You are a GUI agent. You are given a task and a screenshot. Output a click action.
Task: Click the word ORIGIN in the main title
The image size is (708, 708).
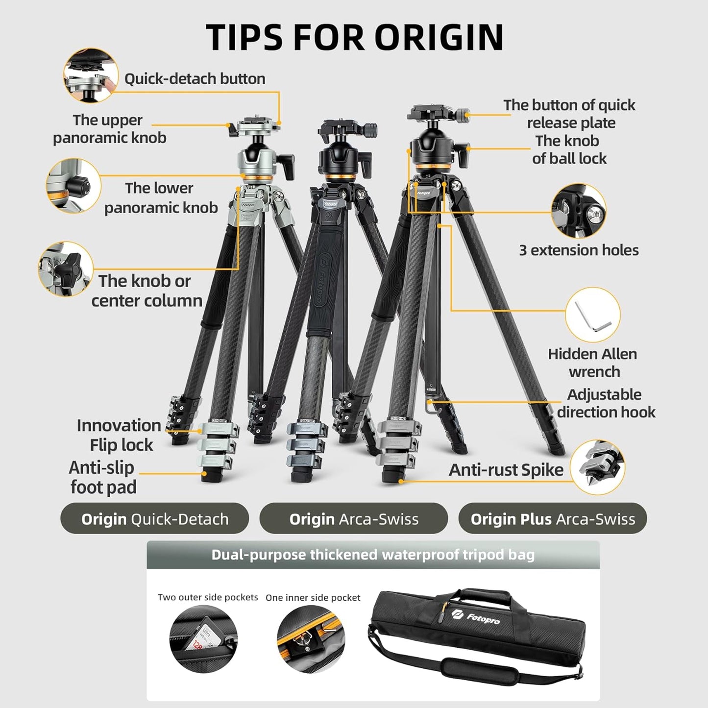click(x=439, y=37)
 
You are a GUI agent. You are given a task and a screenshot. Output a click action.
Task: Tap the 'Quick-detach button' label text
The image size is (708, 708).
click(x=195, y=79)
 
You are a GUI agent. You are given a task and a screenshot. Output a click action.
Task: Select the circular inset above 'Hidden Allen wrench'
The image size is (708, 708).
click(x=592, y=315)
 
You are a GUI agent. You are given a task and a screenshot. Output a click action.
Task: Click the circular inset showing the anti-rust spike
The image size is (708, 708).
click(x=598, y=466)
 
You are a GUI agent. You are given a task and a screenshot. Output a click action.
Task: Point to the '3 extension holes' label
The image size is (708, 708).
click(x=579, y=250)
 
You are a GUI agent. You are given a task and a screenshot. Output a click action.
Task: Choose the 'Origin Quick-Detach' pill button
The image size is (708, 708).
click(x=154, y=518)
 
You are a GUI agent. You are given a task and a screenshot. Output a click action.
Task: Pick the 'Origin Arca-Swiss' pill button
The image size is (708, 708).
click(x=353, y=518)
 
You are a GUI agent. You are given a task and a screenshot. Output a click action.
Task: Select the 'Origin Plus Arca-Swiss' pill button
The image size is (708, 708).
click(x=552, y=518)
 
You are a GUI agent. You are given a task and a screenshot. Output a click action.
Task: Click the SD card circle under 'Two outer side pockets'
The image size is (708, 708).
click(x=203, y=638)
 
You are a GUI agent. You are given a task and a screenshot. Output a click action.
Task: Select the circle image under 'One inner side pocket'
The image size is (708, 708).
click(x=311, y=638)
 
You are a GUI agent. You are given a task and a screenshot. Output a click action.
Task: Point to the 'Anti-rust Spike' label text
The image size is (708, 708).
click(x=506, y=470)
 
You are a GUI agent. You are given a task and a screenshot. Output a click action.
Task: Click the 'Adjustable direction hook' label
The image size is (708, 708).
click(x=606, y=403)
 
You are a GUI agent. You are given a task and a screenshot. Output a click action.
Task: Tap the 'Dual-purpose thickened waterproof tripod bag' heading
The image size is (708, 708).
click(x=373, y=555)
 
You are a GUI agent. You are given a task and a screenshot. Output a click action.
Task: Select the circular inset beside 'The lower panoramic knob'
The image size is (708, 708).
click(x=73, y=186)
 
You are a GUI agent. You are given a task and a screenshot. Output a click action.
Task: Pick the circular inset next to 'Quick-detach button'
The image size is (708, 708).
click(x=91, y=75)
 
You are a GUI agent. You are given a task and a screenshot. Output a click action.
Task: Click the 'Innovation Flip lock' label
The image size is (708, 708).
click(x=119, y=435)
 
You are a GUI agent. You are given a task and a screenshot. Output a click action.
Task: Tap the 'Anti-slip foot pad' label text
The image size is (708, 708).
click(x=102, y=477)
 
